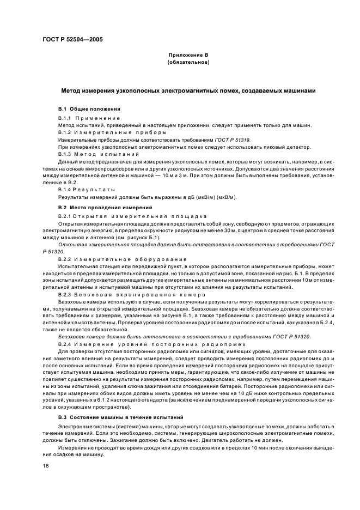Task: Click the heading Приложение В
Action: (x=188, y=56)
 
